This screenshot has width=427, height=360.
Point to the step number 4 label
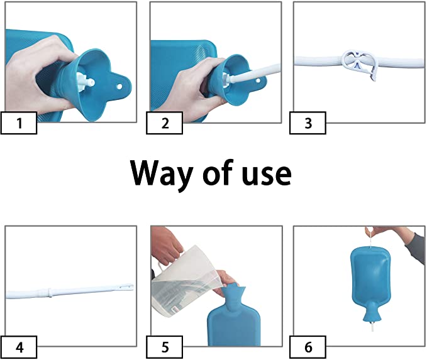coord(19,347)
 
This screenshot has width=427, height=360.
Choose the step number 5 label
coord(165,347)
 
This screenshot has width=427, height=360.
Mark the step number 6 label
coord(308,347)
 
